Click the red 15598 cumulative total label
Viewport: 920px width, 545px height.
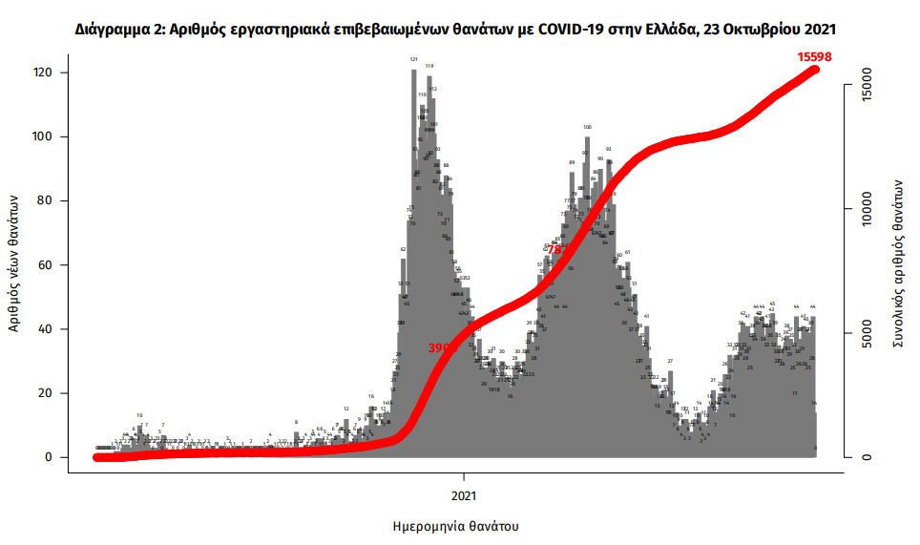tap(814, 56)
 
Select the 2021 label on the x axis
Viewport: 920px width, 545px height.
tap(465, 495)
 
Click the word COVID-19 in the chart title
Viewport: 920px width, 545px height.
tap(569, 30)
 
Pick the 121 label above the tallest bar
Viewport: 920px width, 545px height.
tap(414, 59)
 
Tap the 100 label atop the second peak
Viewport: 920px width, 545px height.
tap(587, 126)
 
